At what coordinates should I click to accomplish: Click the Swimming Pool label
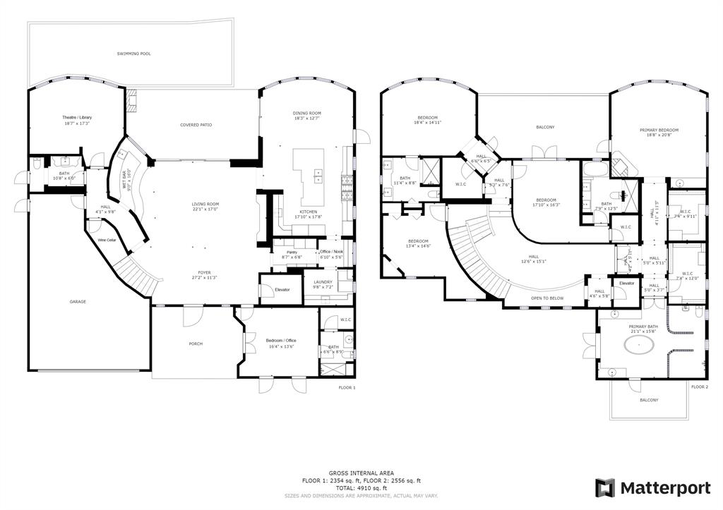pyautogui.click(x=133, y=54)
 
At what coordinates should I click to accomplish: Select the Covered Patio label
pyautogui.click(x=196, y=125)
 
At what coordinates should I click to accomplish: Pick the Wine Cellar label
pyautogui.click(x=107, y=241)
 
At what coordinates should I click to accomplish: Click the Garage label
pyautogui.click(x=78, y=302)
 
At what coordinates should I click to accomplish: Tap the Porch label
pyautogui.click(x=196, y=344)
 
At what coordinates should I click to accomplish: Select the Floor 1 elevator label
pyautogui.click(x=282, y=289)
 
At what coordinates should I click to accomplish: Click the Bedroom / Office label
pyautogui.click(x=281, y=341)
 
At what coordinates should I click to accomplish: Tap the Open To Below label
pyautogui.click(x=547, y=298)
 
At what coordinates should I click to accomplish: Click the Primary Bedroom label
pyautogui.click(x=658, y=130)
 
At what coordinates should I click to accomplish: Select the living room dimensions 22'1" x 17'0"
pyautogui.click(x=205, y=209)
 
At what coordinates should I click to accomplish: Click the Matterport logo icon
pyautogui.click(x=605, y=487)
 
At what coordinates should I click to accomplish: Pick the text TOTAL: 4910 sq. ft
pyautogui.click(x=361, y=487)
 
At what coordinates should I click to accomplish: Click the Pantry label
pyautogui.click(x=290, y=252)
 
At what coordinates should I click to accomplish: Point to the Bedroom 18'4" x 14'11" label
pyautogui.click(x=429, y=118)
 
